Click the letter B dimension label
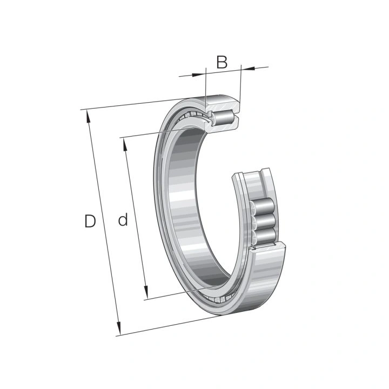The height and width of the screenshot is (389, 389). [222, 62]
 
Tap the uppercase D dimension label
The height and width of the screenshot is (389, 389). [90, 221]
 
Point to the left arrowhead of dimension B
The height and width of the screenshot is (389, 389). [199, 75]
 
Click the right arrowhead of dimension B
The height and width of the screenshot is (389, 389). [248, 68]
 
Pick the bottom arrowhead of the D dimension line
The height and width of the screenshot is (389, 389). [118, 328]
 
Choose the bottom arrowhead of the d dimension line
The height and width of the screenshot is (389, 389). [146, 292]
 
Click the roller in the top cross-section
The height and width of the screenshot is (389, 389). [223, 118]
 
